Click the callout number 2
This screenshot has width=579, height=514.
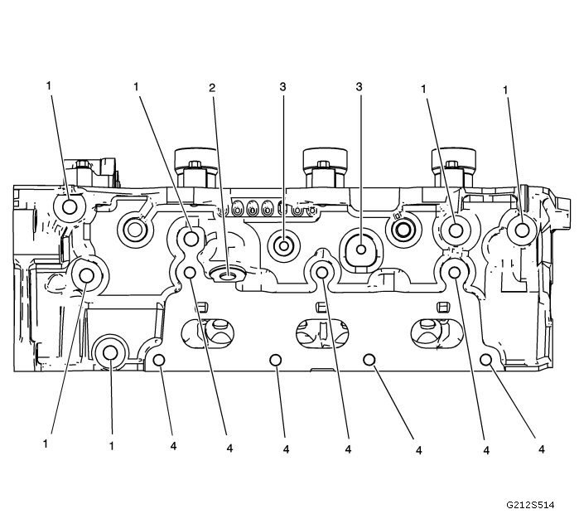[213, 87]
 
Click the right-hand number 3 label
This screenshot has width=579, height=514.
[359, 87]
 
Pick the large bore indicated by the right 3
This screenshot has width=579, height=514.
[361, 245]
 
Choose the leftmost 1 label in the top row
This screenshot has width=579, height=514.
[51, 87]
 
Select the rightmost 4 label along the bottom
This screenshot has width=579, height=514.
[541, 449]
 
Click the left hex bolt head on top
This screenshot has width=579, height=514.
[195, 159]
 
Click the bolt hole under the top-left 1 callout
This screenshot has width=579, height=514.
[68, 207]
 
